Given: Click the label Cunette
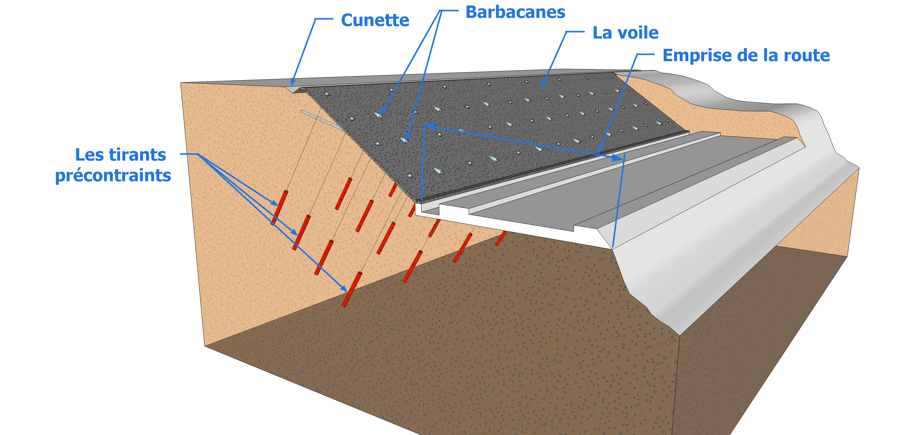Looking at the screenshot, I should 375,20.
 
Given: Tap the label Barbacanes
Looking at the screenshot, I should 515,13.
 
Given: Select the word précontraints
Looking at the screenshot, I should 113,176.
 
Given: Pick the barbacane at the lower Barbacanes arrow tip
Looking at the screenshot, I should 405,140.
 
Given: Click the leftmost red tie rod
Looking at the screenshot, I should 279,208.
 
